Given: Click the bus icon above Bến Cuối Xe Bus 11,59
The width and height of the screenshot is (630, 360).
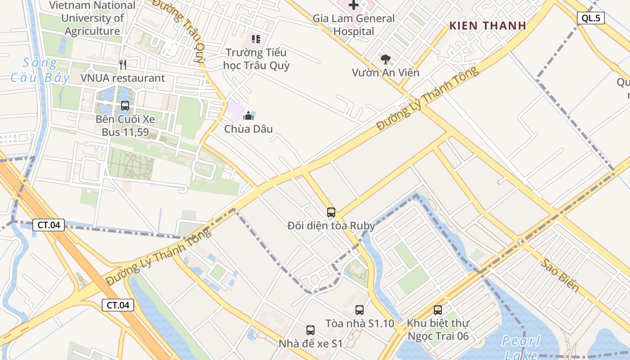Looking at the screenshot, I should point(125,106).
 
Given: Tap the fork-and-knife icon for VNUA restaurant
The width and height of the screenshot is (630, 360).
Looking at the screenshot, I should point(123,65).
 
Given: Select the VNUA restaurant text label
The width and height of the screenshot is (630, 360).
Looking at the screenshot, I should point(123,78).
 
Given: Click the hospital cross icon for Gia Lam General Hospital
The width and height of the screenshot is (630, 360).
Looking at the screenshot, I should point(354,5).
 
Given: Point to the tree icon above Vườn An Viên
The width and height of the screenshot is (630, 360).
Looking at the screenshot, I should point(386,59).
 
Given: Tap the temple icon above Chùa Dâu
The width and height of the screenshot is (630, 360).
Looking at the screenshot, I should point(248,116).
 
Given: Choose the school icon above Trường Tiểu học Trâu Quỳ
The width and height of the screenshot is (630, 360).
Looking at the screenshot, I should point(256,39).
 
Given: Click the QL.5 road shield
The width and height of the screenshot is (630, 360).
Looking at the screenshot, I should point(590,18).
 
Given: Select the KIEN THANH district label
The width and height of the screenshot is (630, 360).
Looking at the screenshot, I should point(488,26).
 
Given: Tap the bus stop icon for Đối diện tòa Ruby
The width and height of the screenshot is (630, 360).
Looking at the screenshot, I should point(331,212).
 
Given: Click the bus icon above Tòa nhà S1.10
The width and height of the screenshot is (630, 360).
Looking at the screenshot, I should point(360,310).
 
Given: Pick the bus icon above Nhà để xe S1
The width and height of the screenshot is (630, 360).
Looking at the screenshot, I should point(310,330).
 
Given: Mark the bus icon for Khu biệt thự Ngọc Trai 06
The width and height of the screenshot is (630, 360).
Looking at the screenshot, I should point(438,310).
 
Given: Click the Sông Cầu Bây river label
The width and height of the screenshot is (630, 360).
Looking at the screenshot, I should point(40,70).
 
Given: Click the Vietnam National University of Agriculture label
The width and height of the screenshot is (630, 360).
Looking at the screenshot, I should point(92,18).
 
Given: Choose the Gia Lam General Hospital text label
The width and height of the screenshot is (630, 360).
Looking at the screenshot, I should point(354,25).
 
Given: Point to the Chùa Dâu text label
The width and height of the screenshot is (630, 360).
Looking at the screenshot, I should point(248,129).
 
